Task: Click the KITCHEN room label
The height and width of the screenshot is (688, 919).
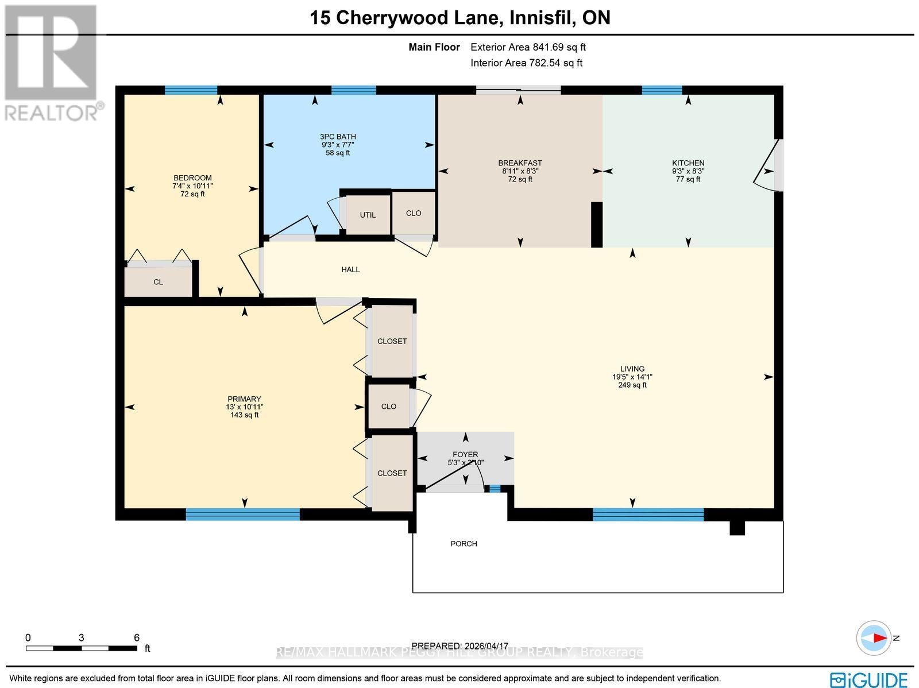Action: (688, 163)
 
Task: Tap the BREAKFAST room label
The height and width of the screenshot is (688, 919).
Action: (520, 163)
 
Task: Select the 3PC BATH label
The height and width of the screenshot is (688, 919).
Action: (338, 137)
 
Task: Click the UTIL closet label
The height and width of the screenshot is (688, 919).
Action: (368, 215)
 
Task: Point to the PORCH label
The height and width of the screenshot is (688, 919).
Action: (464, 543)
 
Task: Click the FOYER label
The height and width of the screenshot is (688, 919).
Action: (465, 454)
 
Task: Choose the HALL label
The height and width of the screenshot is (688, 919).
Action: (350, 269)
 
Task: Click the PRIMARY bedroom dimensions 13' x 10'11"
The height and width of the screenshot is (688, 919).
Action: (244, 407)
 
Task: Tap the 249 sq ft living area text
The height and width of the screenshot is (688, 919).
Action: (632, 385)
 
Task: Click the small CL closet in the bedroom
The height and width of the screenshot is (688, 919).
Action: (158, 282)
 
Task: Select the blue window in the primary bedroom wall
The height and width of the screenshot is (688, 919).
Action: (242, 514)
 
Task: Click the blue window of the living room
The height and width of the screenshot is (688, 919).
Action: (648, 514)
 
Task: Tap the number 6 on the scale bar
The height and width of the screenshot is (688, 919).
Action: (136, 637)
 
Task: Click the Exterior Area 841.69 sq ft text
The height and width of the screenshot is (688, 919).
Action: (527, 48)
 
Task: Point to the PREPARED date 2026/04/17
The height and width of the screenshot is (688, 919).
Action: (460, 646)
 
